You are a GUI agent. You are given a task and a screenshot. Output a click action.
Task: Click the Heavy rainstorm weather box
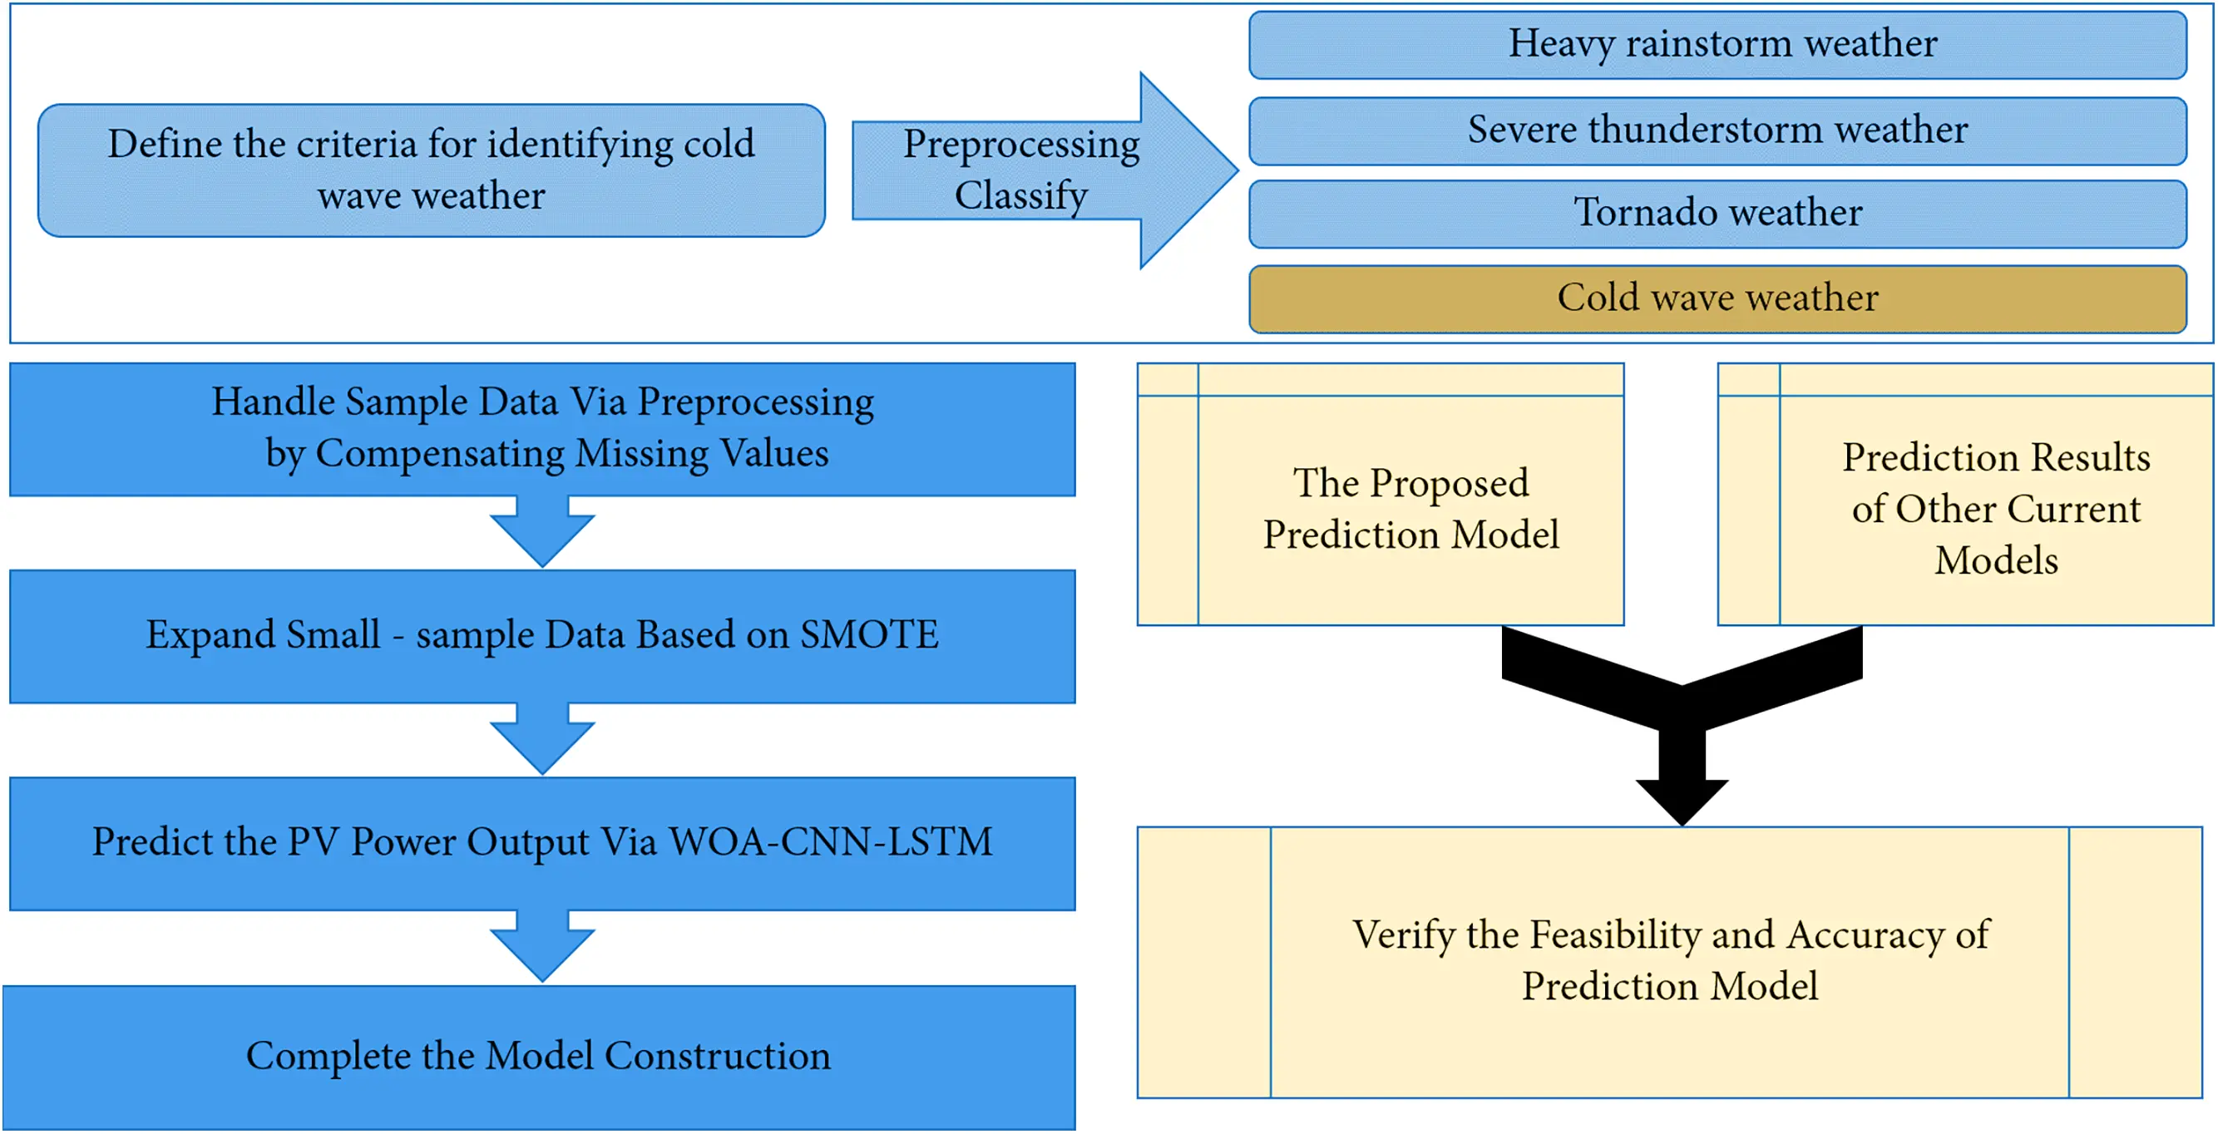(x=1717, y=45)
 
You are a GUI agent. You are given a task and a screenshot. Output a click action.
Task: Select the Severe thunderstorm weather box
(x=1717, y=131)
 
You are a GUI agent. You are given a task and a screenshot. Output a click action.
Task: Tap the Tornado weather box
(x=1717, y=214)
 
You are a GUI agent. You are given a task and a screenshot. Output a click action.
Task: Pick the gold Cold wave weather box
(x=1717, y=298)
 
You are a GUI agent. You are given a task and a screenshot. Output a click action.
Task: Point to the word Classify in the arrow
(x=1021, y=196)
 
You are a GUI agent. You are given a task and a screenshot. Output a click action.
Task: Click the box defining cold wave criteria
(x=432, y=170)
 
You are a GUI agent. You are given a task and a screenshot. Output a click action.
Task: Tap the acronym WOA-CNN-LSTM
(x=831, y=842)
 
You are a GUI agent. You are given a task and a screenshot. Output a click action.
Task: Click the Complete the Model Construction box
(x=539, y=1057)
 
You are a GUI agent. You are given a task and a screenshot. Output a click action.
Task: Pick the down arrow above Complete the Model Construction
(x=542, y=945)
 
